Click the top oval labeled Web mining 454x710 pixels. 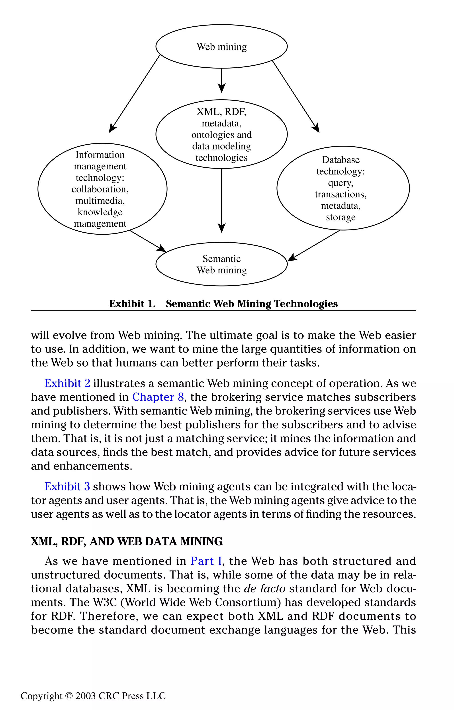pos(221,47)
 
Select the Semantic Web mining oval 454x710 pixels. pos(221,264)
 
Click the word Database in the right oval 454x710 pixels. pos(340,160)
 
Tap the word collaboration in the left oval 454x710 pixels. pos(100,189)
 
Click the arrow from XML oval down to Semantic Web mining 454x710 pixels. pos(221,200)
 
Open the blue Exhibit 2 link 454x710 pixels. pos(67,383)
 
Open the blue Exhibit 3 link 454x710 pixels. pos(67,486)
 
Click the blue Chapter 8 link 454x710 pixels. pos(158,397)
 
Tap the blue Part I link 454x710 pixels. pos(206,561)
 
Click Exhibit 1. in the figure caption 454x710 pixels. pos(132,304)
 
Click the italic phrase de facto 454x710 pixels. pos(264,589)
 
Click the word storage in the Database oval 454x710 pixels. pos(340,217)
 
